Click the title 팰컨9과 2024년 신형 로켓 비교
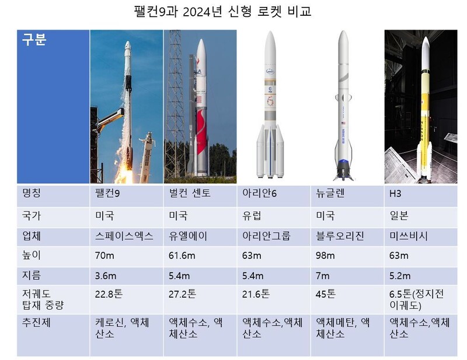pyautogui.click(x=222, y=12)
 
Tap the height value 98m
pyautogui.click(x=325, y=256)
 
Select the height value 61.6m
pyautogui.click(x=182, y=256)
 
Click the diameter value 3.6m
pyautogui.click(x=106, y=276)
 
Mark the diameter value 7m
pyautogui.click(x=323, y=276)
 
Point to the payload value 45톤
pyautogui.click(x=326, y=294)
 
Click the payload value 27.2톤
pyautogui.click(x=183, y=294)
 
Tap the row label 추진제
pyautogui.click(x=36, y=323)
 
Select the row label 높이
pyautogui.click(x=32, y=255)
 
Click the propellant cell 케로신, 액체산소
pyautogui.click(x=122, y=328)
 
